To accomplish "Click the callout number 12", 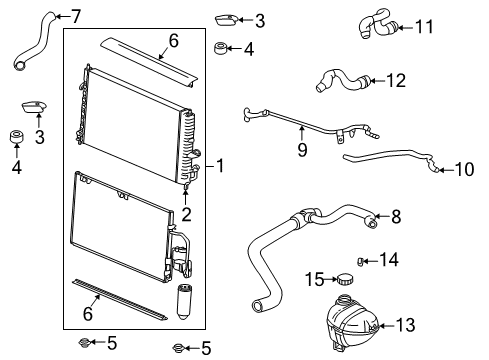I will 397,79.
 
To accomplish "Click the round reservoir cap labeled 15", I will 346,278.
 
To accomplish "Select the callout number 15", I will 314,278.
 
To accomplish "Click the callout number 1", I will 222,165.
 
